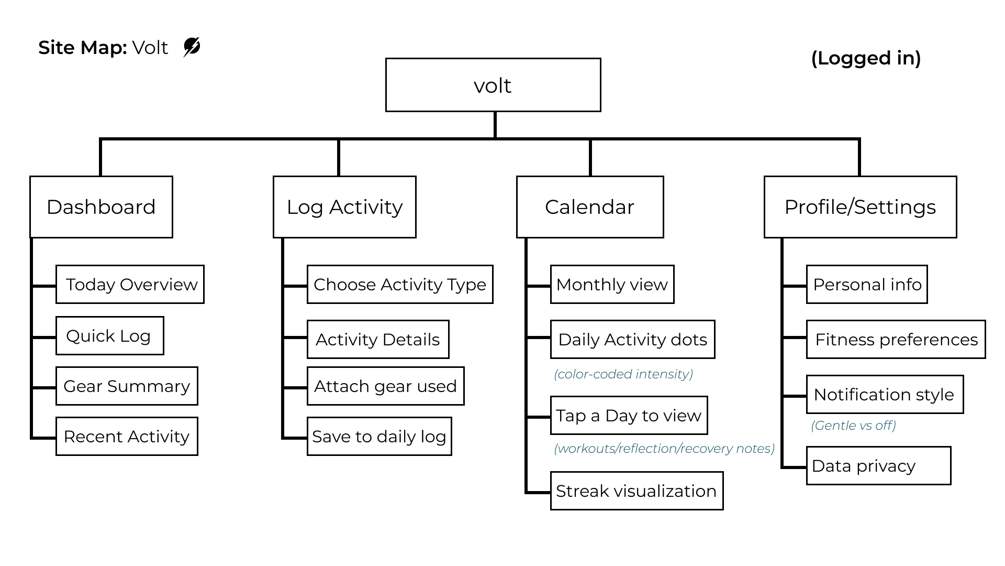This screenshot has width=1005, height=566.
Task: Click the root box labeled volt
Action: pos(493,85)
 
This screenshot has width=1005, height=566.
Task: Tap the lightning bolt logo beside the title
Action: pos(192,47)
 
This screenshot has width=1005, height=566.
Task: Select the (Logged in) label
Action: pos(866,58)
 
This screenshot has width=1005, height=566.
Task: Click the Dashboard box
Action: pos(101,207)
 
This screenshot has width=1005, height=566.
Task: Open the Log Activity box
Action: pos(344,207)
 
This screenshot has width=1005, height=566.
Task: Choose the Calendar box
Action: pos(590,207)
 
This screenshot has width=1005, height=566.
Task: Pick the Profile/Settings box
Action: pos(860,207)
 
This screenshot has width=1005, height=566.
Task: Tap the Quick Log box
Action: pos(109,336)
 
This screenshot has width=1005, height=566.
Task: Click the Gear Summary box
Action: pos(127,386)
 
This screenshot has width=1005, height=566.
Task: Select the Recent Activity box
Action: pos(127,437)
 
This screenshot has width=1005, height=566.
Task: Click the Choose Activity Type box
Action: pos(400,285)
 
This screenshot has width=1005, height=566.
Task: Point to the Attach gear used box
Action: pos(385,386)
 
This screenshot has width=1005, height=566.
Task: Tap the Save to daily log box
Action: pos(379,437)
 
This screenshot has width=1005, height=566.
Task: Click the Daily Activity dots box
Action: pos(632,340)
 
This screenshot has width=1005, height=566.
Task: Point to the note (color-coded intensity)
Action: pos(623,374)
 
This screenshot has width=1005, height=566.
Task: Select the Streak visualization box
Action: pos(636,491)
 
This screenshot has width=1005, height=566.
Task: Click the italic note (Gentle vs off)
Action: pos(853,426)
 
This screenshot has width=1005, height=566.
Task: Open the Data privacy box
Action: pos(878,466)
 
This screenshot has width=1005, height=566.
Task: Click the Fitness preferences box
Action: pos(896,340)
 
